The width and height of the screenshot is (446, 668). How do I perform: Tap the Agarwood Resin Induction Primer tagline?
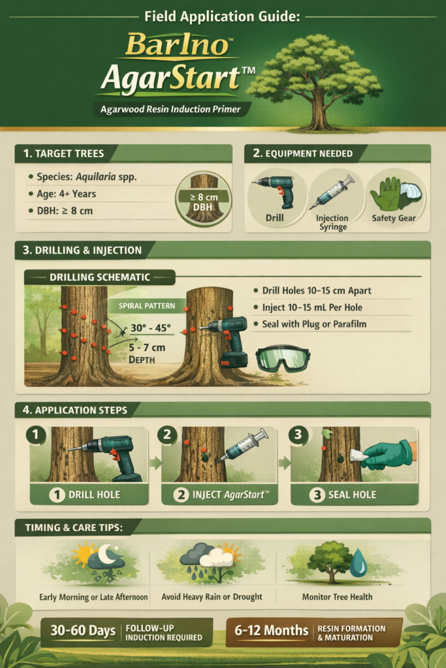(170, 110)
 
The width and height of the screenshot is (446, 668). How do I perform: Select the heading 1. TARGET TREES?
(63, 153)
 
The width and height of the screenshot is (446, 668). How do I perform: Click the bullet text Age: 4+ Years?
(66, 194)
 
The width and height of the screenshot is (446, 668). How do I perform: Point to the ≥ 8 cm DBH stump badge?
(203, 200)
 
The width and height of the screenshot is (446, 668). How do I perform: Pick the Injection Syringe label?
(332, 222)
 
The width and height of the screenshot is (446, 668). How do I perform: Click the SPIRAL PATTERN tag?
(147, 306)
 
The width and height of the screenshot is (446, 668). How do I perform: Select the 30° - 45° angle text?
(150, 327)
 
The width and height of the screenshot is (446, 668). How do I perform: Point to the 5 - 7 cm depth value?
(147, 347)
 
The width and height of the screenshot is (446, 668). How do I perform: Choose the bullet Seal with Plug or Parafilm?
(314, 324)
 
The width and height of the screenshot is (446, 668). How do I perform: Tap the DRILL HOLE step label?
(94, 494)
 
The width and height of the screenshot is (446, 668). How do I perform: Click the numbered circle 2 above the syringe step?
(167, 434)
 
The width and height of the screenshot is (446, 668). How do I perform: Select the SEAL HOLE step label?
(352, 494)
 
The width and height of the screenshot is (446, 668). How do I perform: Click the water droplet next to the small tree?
(358, 562)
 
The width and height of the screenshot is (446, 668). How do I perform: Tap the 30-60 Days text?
(83, 631)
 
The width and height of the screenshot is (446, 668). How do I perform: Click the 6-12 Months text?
(271, 631)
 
